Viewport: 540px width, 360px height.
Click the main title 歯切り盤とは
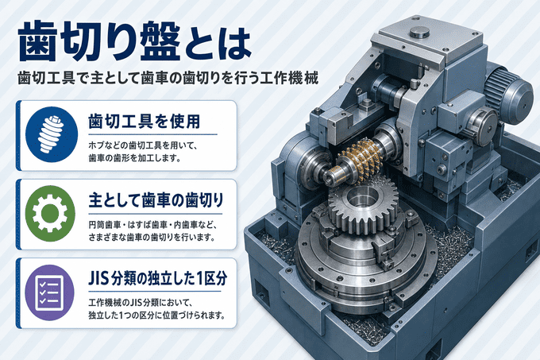pos(134,41)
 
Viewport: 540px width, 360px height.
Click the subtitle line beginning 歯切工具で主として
pos(168,79)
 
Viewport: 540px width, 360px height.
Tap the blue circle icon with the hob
pos(52,134)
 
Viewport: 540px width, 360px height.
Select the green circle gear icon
pos(50,213)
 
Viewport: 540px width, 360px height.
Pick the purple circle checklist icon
pos(50,292)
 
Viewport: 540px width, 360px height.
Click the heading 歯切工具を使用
pos(145,122)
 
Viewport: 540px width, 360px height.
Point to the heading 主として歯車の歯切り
pos(156,200)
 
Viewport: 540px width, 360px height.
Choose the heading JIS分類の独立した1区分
pos(158,279)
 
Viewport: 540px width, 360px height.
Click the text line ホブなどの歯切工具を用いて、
pos(143,145)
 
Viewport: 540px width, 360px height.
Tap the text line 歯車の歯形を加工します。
pos(135,158)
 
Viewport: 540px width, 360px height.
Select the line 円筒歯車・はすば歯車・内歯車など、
pos(152,225)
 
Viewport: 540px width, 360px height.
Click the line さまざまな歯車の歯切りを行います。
pos(152,238)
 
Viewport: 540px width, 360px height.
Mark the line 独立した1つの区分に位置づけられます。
pos(156,315)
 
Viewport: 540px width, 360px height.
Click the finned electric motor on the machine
pos(508,92)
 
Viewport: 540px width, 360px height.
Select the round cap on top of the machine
pos(420,33)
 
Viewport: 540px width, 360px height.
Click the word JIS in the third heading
pos(98,279)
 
